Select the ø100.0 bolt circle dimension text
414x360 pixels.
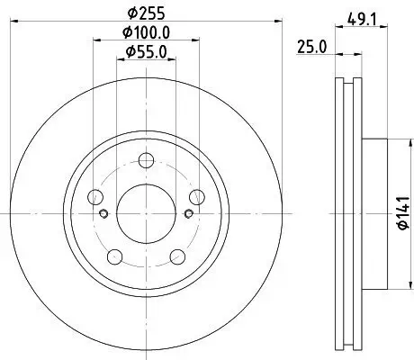tap(146, 33)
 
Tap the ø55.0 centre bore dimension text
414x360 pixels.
tap(145, 51)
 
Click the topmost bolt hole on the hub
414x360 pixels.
tap(146, 161)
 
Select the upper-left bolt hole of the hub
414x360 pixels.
tap(95, 198)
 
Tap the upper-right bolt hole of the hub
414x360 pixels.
tap(196, 198)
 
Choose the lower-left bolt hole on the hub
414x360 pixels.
tap(114, 257)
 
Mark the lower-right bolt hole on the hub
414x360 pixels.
tap(176, 257)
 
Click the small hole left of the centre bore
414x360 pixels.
tap(104, 214)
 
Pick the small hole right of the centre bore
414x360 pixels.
tap(187, 214)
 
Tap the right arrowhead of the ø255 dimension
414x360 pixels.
tap(269, 24)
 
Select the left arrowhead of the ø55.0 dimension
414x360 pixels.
tap(121, 60)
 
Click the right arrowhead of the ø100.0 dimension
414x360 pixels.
tap(199, 42)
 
